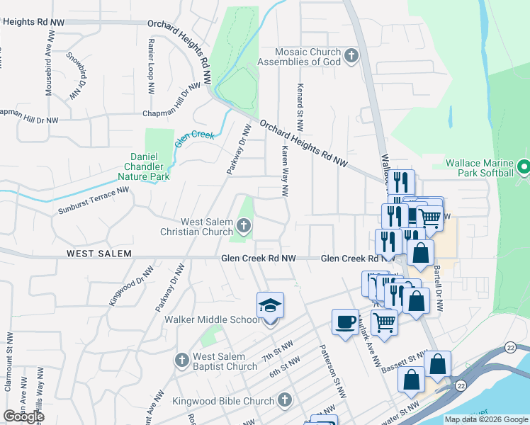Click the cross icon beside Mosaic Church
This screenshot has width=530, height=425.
(x=351, y=55)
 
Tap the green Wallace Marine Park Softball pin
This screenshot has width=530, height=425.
(x=523, y=167)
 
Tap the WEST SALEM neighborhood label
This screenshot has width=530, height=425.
(x=96, y=254)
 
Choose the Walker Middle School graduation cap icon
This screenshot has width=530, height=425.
(x=270, y=306)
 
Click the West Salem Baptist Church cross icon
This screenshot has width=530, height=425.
(x=182, y=361)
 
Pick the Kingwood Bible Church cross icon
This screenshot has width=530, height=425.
(x=285, y=401)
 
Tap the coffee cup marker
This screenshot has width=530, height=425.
(x=345, y=322)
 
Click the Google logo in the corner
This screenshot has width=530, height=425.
(x=23, y=416)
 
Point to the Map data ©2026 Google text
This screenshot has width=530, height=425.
(x=485, y=419)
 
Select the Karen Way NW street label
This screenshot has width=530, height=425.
(x=284, y=171)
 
